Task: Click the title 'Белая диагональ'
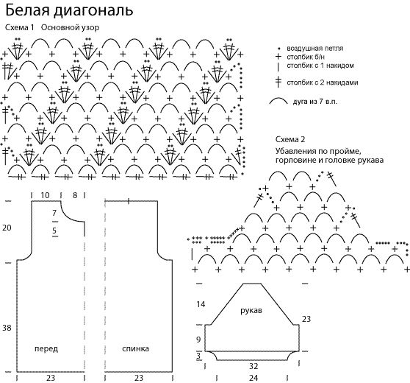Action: [x=69, y=11]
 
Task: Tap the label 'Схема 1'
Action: [x=20, y=27]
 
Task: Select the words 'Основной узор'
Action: [x=70, y=28]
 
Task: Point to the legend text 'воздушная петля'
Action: [x=314, y=48]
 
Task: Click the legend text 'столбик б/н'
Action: [x=306, y=57]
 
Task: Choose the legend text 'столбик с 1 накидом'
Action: [x=320, y=66]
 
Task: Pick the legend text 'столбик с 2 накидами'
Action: [x=323, y=82]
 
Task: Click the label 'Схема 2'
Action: [x=290, y=139]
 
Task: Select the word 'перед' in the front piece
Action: [x=46, y=348]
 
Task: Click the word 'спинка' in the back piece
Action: [x=135, y=348]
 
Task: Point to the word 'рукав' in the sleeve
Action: [x=251, y=311]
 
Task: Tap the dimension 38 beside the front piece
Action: [x=7, y=328]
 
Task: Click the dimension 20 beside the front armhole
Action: [x=7, y=228]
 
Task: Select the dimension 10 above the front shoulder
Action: [x=45, y=195]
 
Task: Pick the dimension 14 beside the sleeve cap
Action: [x=201, y=304]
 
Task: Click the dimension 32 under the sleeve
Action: [x=253, y=366]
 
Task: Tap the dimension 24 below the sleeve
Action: [x=253, y=378]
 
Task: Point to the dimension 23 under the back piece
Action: [x=139, y=378]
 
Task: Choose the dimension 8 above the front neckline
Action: [x=75, y=195]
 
